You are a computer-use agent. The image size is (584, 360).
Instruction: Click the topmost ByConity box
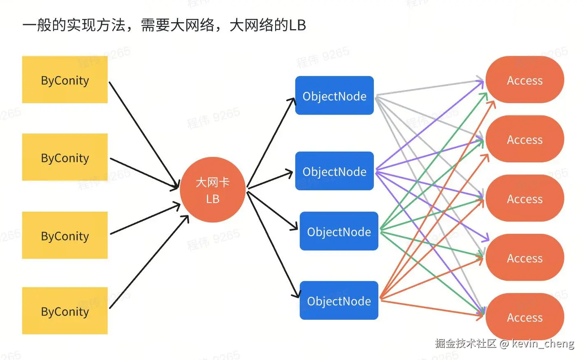pos(65,80)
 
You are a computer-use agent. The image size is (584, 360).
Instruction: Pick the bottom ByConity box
pos(65,311)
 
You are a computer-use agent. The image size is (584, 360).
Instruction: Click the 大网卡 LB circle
pos(212,190)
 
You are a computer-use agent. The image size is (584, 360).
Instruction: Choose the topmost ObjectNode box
pos(334,95)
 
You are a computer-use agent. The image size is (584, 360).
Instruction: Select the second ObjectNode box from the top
pos(334,171)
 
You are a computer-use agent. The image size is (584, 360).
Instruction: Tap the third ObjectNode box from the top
pos(339,231)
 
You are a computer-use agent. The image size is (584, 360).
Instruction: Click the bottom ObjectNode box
pos(339,300)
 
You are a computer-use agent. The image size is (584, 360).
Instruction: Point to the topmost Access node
pos(524,80)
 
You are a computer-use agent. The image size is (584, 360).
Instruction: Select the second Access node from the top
pos(524,139)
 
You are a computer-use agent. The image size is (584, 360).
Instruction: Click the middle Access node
pos(524,198)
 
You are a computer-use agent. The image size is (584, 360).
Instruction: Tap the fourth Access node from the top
pos(524,257)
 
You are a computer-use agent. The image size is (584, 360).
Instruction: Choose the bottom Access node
pos(524,316)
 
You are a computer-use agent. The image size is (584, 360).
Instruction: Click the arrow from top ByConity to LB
pos(144,136)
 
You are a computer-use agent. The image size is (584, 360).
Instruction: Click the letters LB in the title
pos(297,25)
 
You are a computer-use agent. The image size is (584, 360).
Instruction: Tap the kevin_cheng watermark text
pos(542,343)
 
